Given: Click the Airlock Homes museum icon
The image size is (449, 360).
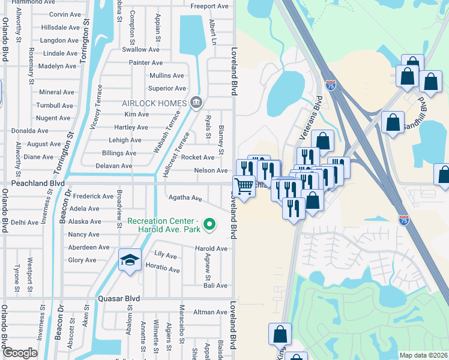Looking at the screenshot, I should (195, 103).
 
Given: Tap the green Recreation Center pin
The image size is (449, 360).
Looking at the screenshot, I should (209, 225).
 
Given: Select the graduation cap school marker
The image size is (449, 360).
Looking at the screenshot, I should (130, 260).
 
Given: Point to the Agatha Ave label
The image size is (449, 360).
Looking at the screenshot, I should (185, 198).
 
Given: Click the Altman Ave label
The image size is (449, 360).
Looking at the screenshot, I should (210, 312).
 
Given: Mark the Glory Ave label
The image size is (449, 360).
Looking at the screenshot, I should (82, 260).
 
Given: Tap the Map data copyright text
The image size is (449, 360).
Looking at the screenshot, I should (423, 355).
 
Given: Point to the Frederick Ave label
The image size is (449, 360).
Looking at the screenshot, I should (94, 196).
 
